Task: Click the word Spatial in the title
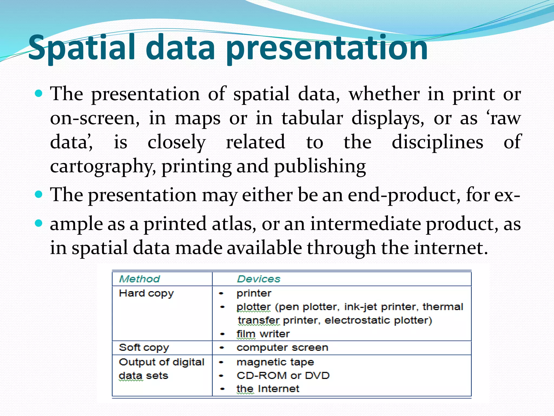point(81,48)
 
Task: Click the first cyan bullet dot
point(39,94)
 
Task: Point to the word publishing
point(320,166)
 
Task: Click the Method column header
point(140,279)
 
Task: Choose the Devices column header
point(259,279)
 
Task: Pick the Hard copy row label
point(146,293)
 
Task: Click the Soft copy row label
point(144,347)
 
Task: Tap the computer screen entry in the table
point(282,347)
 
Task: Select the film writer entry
point(263,334)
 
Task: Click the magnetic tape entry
point(275,362)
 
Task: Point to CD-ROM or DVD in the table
point(283,376)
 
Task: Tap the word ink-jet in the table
point(361,307)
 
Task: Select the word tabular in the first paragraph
point(312,119)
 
